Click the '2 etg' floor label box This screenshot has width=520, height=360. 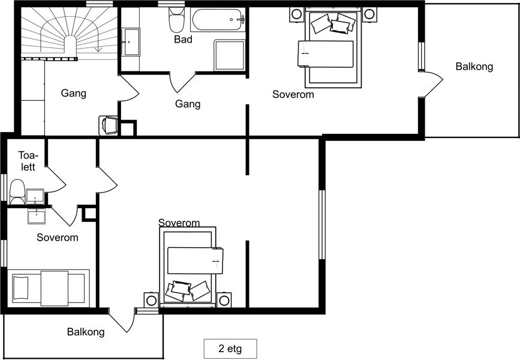click(x=230, y=349)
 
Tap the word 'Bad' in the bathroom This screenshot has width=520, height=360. click(x=183, y=40)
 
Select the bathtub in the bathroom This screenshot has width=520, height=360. click(x=218, y=20)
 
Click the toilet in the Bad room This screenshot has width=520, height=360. click(x=177, y=19)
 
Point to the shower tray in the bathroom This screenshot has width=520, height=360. click(x=230, y=55)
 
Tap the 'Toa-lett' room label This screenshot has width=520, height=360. click(x=28, y=161)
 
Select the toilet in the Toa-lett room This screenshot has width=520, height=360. click(x=17, y=192)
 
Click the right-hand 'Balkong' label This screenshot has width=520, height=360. click(x=474, y=67)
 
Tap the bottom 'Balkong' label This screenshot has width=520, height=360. click(x=86, y=332)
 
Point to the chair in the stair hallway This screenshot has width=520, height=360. click(x=109, y=125)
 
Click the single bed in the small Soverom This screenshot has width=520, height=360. click(x=49, y=287)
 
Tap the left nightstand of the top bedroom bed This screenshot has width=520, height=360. click(x=296, y=14)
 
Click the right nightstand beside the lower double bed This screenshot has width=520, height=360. click(x=224, y=300)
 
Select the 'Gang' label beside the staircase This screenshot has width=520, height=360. click(x=74, y=93)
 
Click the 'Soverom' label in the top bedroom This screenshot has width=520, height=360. click(x=293, y=94)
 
